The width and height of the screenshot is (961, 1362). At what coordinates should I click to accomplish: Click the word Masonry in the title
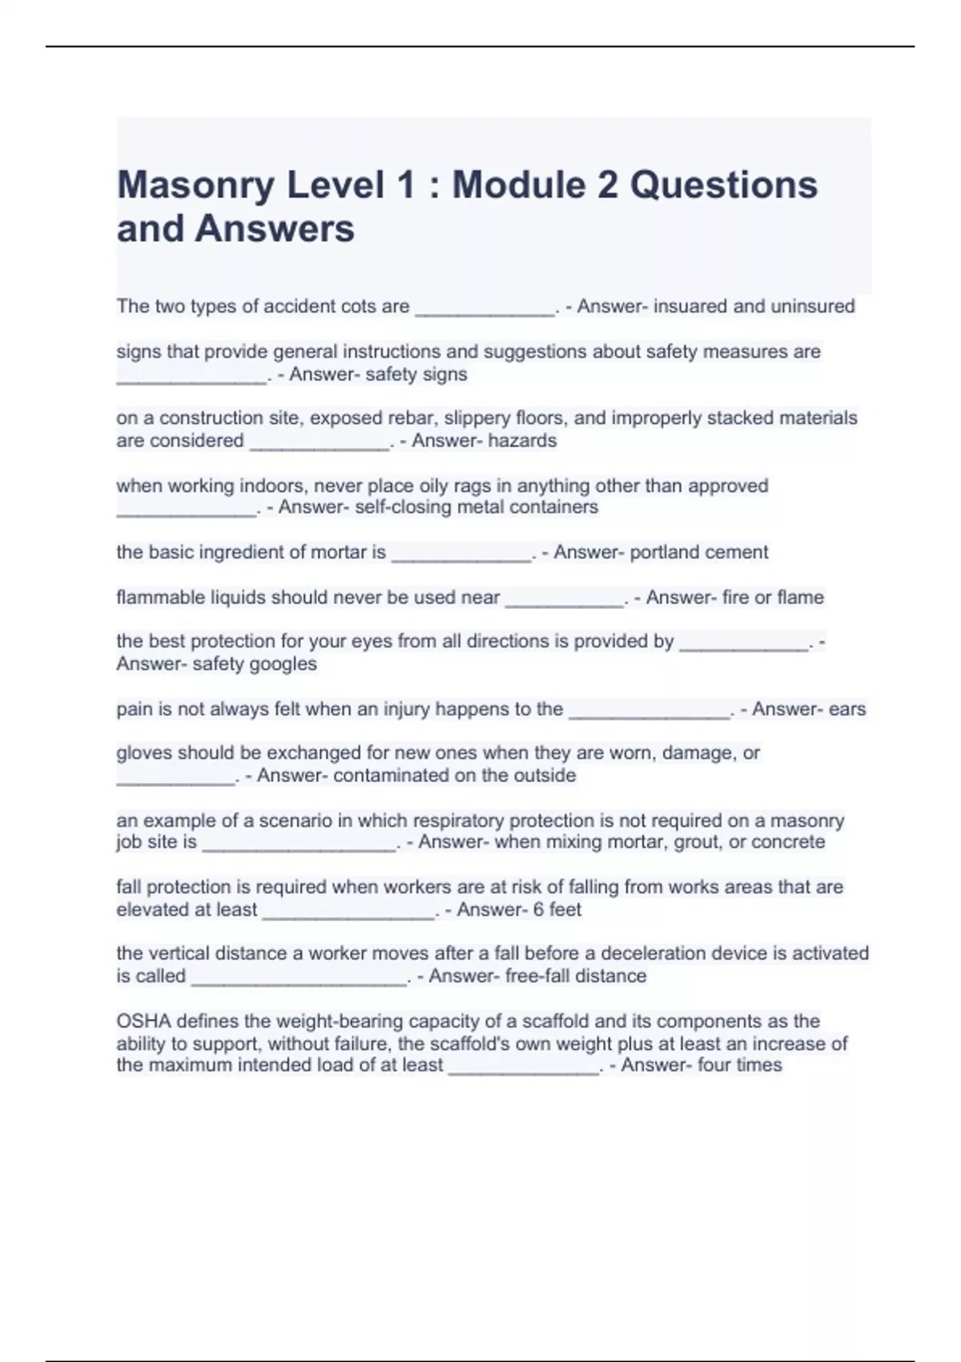tap(195, 186)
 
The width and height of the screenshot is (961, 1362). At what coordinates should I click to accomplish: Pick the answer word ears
tap(847, 710)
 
